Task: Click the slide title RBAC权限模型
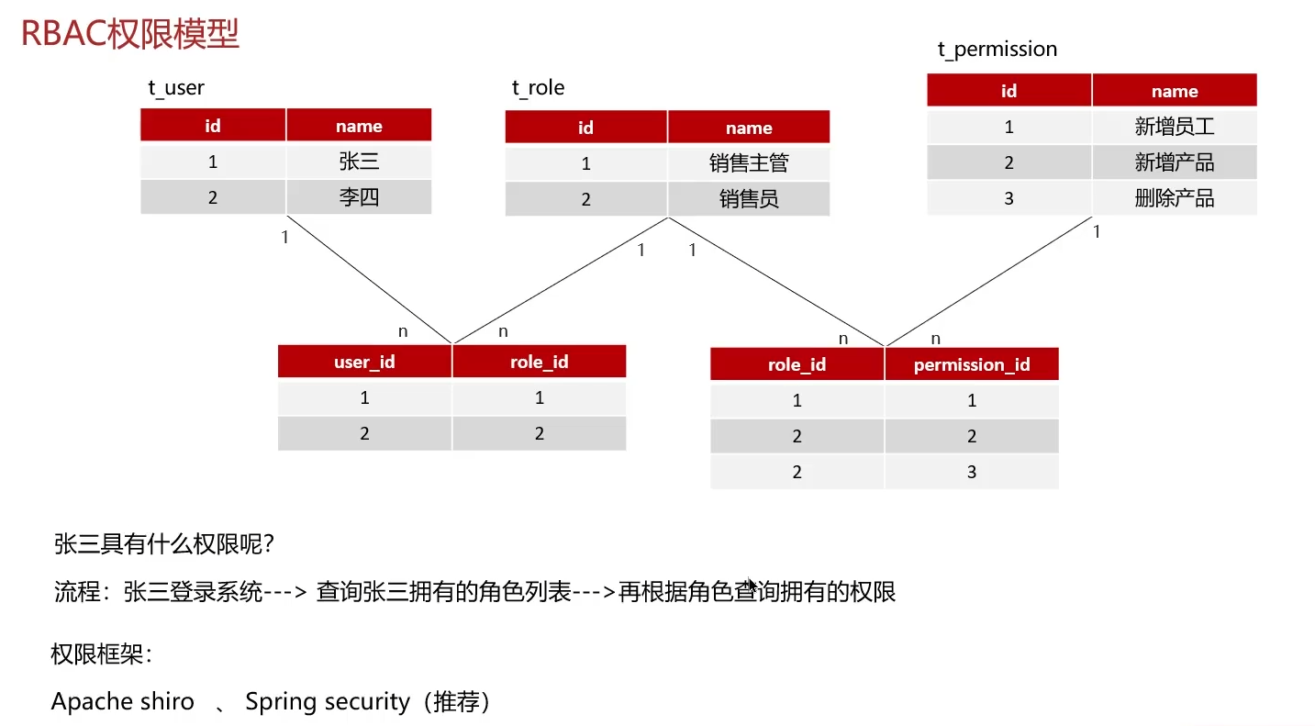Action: pyautogui.click(x=130, y=34)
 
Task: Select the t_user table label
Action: pyautogui.click(x=176, y=88)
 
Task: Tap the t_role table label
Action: pyautogui.click(x=538, y=88)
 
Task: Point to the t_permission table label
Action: pyautogui.click(x=997, y=50)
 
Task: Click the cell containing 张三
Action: pyautogui.click(x=359, y=162)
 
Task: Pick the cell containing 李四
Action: pyautogui.click(x=359, y=197)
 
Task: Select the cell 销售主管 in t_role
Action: pyautogui.click(x=749, y=163)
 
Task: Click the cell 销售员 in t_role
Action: pyautogui.click(x=749, y=199)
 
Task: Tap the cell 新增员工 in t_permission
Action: pyautogui.click(x=1175, y=127)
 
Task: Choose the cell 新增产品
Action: pyautogui.click(x=1175, y=162)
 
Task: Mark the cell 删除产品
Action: pyautogui.click(x=1175, y=198)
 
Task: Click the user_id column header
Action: pyautogui.click(x=364, y=362)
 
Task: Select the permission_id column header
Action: pyautogui.click(x=972, y=365)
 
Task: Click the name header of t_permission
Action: pyautogui.click(x=1175, y=91)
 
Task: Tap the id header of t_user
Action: pyautogui.click(x=213, y=126)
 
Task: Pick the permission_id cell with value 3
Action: pyautogui.click(x=972, y=473)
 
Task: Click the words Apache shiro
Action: pyautogui.click(x=123, y=702)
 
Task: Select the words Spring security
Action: pyautogui.click(x=328, y=702)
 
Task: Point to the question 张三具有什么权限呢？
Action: pyautogui.click(x=165, y=544)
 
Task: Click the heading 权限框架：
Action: pyautogui.click(x=102, y=655)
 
